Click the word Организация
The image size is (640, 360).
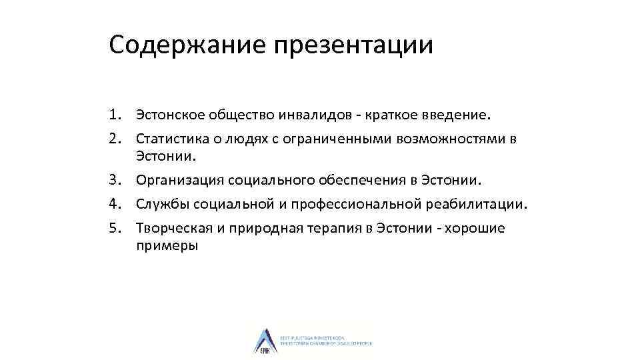coord(179,180)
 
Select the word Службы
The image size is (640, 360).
coord(161,205)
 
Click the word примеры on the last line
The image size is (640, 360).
coord(167,245)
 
